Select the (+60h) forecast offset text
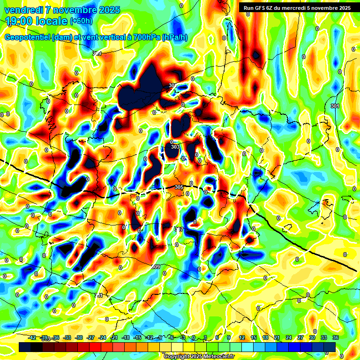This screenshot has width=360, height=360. (82, 21)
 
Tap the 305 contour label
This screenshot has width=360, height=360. (179, 187)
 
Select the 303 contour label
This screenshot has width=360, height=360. (175, 147)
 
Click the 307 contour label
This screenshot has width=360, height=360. (179, 229)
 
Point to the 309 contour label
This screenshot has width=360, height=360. (156, 267)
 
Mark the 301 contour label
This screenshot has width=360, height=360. (334, 106)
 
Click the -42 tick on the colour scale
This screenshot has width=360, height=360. (32, 337)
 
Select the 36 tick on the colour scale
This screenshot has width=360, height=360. (336, 337)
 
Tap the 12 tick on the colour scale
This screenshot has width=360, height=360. (242, 337)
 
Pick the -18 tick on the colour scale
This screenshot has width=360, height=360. (126, 337)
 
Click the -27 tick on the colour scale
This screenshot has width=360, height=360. (90, 337)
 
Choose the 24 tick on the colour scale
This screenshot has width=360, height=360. (289, 337)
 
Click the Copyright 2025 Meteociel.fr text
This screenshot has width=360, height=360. (198, 356)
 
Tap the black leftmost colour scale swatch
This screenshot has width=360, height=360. (25, 346)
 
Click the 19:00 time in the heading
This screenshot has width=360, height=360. (21, 21)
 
